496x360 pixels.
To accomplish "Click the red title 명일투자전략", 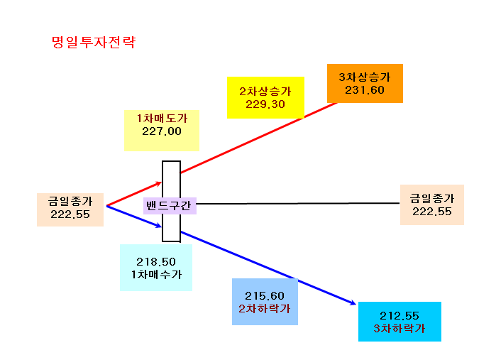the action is [x=94, y=42].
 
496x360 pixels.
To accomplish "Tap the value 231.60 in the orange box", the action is [x=365, y=90].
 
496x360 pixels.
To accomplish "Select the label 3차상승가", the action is [x=365, y=77].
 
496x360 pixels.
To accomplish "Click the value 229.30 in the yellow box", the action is [x=265, y=104].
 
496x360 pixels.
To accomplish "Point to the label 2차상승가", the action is [x=265, y=91].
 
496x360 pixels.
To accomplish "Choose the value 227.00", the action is [x=162, y=131].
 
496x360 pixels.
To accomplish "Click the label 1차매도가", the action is [x=162, y=119].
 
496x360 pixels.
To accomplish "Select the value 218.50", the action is [x=156, y=262].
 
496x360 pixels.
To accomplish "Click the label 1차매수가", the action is [x=156, y=275].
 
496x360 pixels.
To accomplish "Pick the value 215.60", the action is [x=265, y=296].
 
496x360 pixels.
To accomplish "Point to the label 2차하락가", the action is [x=265, y=309].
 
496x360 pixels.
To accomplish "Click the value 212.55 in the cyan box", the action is [x=399, y=316].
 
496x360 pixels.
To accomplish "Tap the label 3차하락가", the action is [x=399, y=328].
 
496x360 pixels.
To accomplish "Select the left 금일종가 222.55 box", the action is [x=70, y=209].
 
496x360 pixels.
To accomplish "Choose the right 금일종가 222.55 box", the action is [x=432, y=205].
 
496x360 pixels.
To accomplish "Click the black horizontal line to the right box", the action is [x=298, y=204].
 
